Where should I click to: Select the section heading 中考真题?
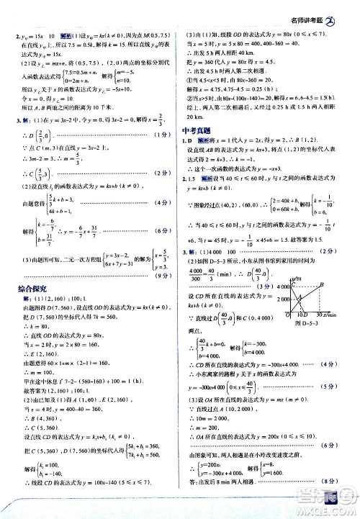click(x=197, y=130)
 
